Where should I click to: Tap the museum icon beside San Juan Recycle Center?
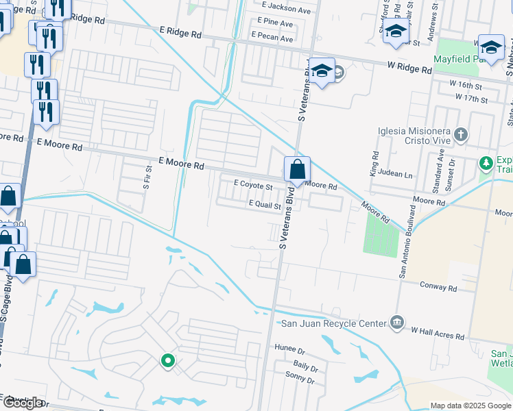pyautogui.click(x=396, y=322)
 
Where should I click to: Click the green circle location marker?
pyautogui.click(x=167, y=360)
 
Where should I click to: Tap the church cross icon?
pyautogui.click(x=462, y=135)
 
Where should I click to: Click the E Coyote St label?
pyautogui.click(x=253, y=185)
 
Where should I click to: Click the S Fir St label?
pyautogui.click(x=147, y=177)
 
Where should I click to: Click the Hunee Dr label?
pyautogui.click(x=289, y=348)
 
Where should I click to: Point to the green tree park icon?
pyautogui.click(x=486, y=163)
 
